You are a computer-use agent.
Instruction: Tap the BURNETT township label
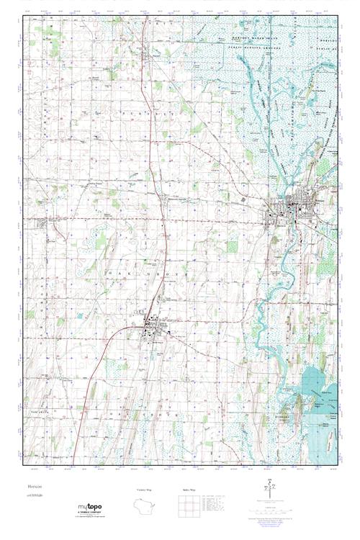[142, 114]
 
